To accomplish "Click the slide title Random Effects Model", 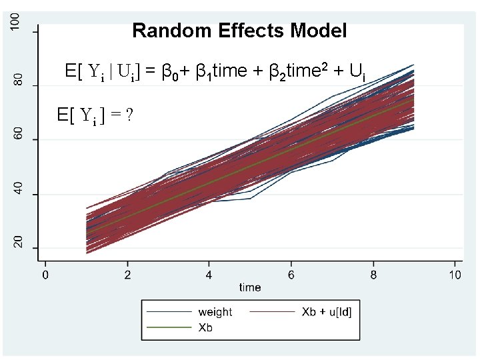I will tap(239, 31).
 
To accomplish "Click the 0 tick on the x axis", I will tap(45, 274).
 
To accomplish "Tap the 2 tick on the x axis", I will tap(127, 274).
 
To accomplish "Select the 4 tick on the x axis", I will tap(209, 274).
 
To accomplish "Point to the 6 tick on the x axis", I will tap(291, 274).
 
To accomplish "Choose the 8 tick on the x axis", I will tap(373, 274).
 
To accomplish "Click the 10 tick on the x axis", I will tap(455, 274).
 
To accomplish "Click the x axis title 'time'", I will tap(250, 288).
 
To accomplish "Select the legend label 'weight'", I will tap(215, 312).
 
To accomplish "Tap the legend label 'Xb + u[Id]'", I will tap(326, 312).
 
